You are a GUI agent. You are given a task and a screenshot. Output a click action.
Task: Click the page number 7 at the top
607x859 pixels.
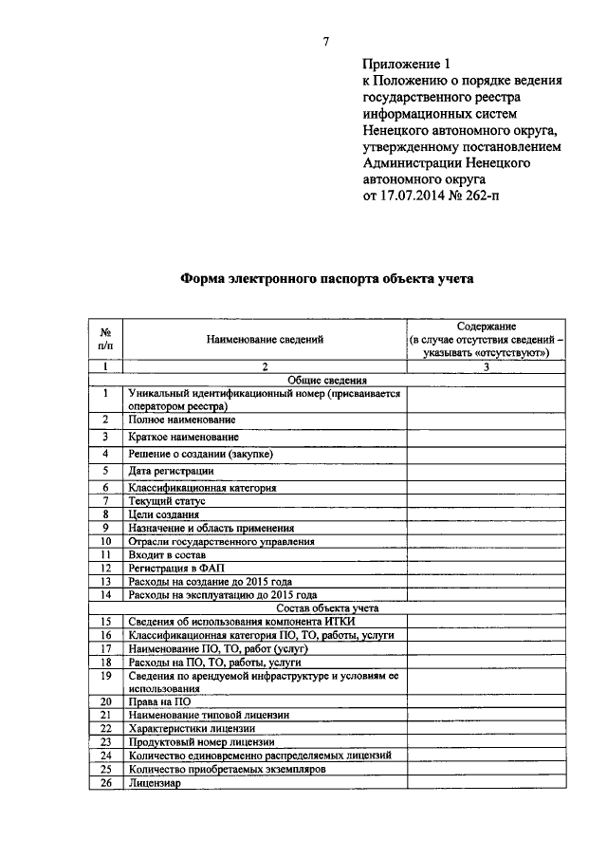click(325, 40)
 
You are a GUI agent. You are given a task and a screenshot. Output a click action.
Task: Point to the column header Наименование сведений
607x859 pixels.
click(266, 338)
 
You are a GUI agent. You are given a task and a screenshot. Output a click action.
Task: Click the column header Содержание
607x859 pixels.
click(486, 326)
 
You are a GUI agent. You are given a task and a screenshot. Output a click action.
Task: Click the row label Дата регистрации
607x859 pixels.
click(172, 471)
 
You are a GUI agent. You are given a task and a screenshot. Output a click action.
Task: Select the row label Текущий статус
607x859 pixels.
click(167, 500)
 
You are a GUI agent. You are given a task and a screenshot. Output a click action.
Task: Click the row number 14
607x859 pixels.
click(107, 594)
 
